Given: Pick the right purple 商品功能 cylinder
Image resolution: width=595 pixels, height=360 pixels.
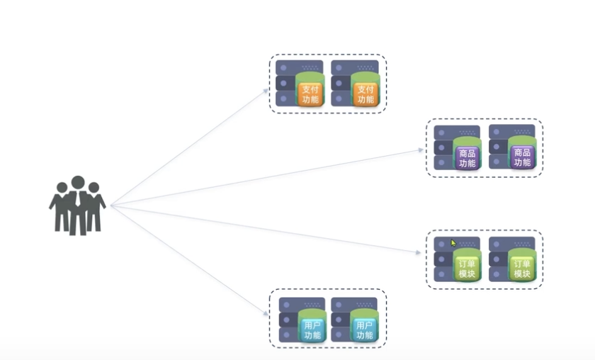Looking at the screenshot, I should pyautogui.click(x=522, y=154).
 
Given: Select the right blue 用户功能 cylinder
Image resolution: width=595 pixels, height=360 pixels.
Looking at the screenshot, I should pyautogui.click(x=365, y=327).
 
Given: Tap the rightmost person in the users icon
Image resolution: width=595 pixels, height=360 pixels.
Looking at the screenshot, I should pyautogui.click(x=93, y=207).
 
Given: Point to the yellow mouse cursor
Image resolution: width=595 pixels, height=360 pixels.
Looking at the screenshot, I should pyautogui.click(x=454, y=243).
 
